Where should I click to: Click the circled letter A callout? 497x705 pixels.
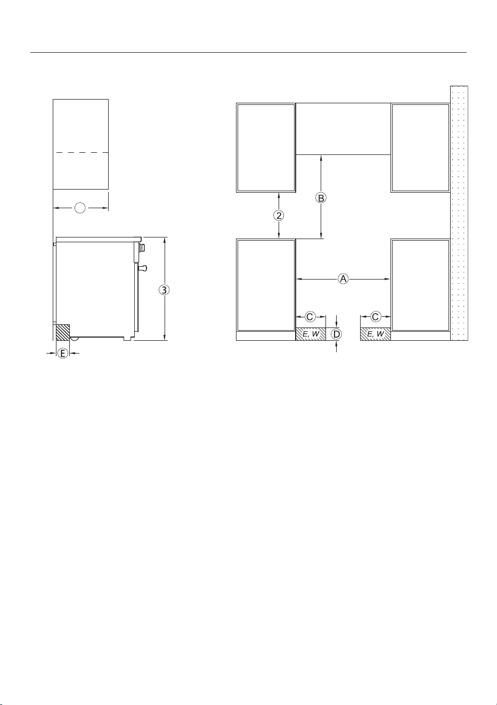pos(343,278)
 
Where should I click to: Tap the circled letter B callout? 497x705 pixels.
pos(321,198)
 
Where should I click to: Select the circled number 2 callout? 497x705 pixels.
pos(279,215)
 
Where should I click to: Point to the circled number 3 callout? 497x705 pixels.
pos(164,290)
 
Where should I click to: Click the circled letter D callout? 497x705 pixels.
pos(337,334)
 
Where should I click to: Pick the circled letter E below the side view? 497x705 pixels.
pos(63,353)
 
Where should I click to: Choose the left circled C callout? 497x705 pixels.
pos(310,317)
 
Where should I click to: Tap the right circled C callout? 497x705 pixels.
pos(376,317)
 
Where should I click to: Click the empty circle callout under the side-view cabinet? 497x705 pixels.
pos(80,208)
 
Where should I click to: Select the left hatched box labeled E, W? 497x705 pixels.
pos(311,334)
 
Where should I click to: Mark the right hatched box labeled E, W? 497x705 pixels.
pos(376,334)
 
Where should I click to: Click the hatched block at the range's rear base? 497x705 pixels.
pos(63,332)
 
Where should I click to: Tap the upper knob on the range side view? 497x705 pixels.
pos(143,248)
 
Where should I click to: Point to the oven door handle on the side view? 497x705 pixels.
pos(142,268)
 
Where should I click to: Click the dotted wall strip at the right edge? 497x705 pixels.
pos(459,213)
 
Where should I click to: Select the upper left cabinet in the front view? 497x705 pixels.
pos(266,147)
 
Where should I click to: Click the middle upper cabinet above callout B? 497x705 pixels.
pos(343,129)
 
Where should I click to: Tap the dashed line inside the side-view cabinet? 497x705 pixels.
pos(80,153)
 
